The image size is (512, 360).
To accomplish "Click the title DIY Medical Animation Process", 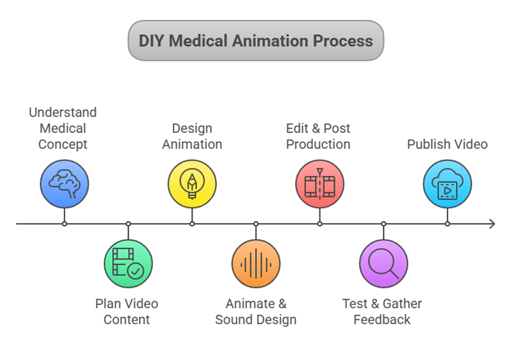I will click(x=255, y=41).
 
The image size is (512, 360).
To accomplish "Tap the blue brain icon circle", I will click(x=64, y=184).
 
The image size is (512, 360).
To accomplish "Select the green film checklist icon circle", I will click(x=128, y=263).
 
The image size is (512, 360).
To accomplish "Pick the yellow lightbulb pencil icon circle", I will click(x=192, y=184).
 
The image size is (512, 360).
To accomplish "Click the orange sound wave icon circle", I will click(x=256, y=263).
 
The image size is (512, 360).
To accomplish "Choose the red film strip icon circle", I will click(x=319, y=184).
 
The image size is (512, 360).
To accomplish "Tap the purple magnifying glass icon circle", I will click(x=383, y=263).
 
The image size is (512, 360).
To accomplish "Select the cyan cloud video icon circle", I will click(x=447, y=184).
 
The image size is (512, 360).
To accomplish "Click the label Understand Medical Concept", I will click(x=63, y=129).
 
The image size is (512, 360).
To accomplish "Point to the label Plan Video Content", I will click(x=127, y=311).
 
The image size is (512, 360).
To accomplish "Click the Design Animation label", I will click(x=192, y=136).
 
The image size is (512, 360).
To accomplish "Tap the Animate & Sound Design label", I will click(x=256, y=311).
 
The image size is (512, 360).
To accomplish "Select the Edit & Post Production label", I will click(x=318, y=136).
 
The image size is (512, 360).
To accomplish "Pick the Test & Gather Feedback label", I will click(x=382, y=311).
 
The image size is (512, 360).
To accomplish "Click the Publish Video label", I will click(x=447, y=144).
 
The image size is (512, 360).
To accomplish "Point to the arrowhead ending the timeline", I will click(x=492, y=224).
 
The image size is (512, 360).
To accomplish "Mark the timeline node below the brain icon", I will click(x=64, y=224).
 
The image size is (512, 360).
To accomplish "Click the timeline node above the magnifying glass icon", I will click(x=383, y=224).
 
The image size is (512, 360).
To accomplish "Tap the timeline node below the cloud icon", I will click(x=447, y=224).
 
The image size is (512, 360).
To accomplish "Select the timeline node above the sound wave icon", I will click(x=256, y=224).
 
